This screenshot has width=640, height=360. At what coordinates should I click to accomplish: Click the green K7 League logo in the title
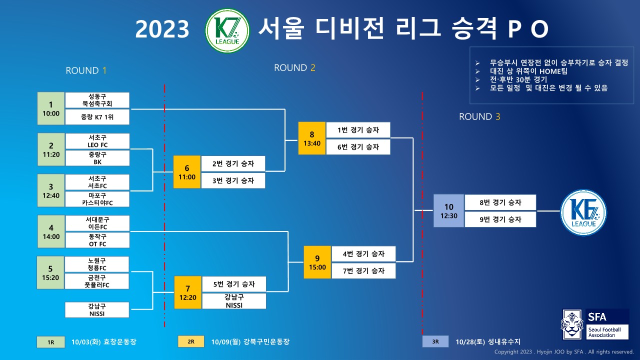[x=228, y=30]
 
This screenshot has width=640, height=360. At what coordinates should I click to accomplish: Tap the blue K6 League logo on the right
[x=583, y=212]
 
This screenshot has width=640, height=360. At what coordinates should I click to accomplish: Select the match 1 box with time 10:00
[x=51, y=108]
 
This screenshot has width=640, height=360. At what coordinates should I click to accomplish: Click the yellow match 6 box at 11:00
[x=186, y=172]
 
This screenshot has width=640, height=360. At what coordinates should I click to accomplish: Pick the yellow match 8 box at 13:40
[x=311, y=138]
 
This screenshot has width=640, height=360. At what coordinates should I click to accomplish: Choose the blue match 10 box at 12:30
[x=448, y=211]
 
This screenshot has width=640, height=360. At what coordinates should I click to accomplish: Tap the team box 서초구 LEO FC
[x=97, y=141]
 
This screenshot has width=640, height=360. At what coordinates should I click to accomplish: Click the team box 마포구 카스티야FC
[x=97, y=199]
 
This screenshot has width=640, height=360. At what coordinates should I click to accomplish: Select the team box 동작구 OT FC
[x=97, y=240]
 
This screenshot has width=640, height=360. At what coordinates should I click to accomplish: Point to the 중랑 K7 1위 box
[x=97, y=117]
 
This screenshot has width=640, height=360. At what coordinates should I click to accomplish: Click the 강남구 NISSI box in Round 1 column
[x=97, y=310]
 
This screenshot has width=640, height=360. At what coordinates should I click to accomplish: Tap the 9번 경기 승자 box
[x=500, y=219]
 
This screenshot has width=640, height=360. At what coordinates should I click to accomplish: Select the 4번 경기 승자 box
[x=363, y=253]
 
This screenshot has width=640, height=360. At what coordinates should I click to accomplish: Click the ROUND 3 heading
[x=479, y=116]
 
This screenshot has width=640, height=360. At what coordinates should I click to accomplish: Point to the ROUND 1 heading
[x=86, y=70]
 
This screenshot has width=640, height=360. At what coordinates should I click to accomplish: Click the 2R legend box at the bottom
[x=191, y=342]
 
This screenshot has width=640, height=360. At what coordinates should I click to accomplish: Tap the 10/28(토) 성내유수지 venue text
[x=488, y=342]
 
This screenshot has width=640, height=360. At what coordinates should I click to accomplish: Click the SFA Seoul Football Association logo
[x=595, y=324]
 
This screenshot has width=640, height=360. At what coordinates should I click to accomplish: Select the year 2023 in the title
[x=162, y=30]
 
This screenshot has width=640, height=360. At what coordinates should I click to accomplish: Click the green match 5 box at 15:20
[x=51, y=272]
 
